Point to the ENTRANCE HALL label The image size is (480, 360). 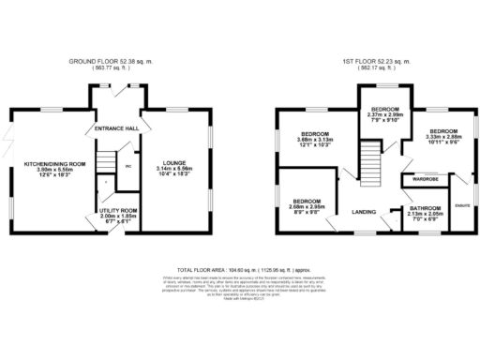point(116,127)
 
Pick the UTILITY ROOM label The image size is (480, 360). point(118,211)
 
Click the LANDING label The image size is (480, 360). point(365,212)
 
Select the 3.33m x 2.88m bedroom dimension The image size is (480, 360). point(442,136)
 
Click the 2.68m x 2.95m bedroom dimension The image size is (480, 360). point(307,207)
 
